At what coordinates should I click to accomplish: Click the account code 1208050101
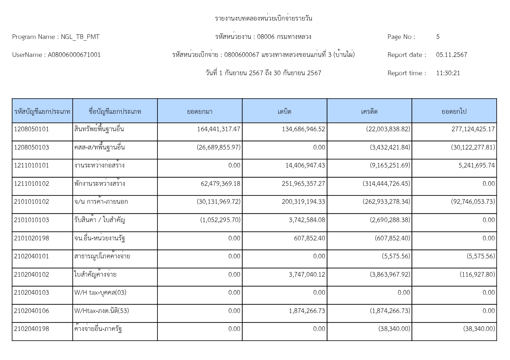click(31, 129)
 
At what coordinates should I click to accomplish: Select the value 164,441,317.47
click(219, 129)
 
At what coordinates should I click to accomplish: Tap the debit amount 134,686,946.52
click(303, 129)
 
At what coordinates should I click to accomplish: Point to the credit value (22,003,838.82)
click(388, 129)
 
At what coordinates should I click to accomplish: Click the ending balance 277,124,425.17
click(473, 129)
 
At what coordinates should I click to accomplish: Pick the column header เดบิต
click(284, 111)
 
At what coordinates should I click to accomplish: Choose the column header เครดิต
click(369, 111)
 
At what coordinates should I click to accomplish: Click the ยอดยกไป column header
click(454, 111)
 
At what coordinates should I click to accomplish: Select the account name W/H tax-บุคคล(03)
click(100, 293)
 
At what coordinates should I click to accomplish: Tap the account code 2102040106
click(31, 311)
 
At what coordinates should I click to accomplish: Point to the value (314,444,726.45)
click(386, 184)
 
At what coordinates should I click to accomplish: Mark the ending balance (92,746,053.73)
click(473, 202)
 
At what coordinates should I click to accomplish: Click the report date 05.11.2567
click(451, 55)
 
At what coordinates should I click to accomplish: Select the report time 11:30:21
click(448, 73)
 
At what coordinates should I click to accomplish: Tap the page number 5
click(438, 37)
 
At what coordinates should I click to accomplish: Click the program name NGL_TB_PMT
click(80, 37)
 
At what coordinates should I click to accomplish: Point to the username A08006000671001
click(74, 55)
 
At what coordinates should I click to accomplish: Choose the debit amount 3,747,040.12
click(307, 275)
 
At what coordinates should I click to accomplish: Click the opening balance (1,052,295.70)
click(220, 220)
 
